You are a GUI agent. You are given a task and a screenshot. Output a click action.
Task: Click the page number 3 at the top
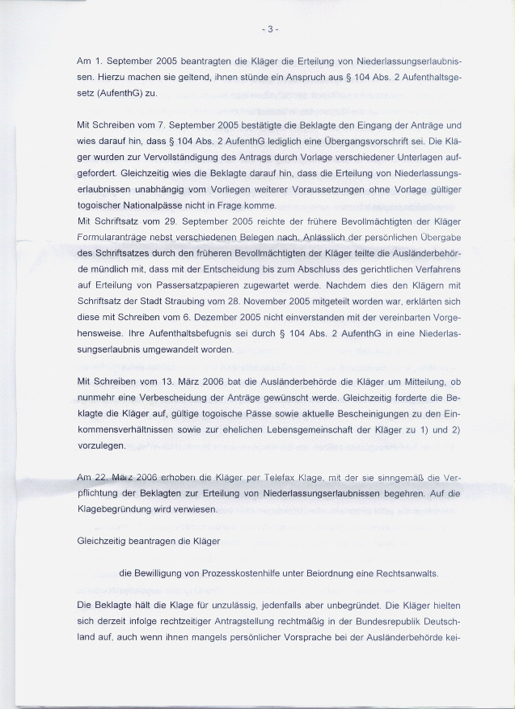click(270, 31)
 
